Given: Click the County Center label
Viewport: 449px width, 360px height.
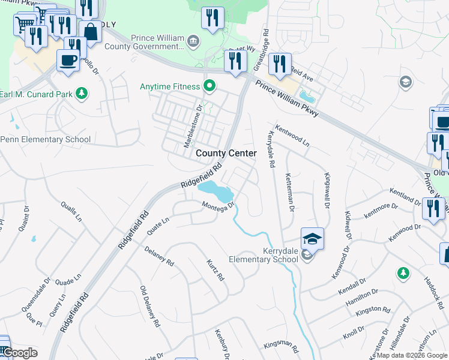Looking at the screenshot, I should point(226,154).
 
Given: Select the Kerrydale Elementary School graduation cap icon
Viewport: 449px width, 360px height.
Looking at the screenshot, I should point(312,239).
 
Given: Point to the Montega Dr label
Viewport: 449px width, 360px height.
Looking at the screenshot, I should point(217,207).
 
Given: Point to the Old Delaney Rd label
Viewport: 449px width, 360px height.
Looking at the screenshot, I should point(150,306).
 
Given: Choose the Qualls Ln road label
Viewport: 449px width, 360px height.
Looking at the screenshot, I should point(71,211).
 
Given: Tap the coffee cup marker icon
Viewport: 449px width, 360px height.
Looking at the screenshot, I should point(67,59).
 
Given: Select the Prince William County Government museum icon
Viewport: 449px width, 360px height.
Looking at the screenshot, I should point(193,41).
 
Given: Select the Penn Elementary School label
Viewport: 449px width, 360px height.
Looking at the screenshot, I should point(46,140).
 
